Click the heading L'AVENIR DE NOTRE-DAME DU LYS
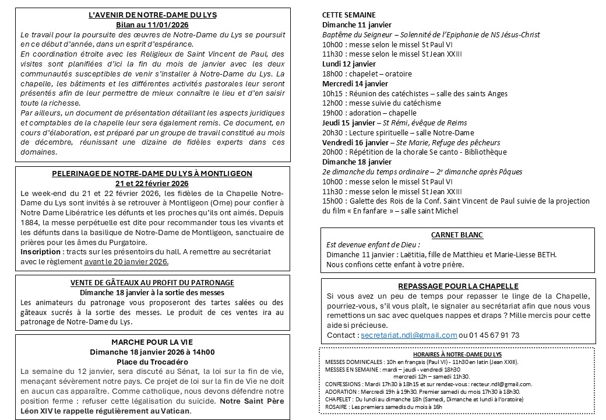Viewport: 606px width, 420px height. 153,15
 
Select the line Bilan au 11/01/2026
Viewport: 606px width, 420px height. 153,24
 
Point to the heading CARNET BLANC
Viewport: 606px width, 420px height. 457,235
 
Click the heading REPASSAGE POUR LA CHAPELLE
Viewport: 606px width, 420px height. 457,286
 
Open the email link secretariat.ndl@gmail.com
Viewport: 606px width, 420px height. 408,335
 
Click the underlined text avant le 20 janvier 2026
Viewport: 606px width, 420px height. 126,262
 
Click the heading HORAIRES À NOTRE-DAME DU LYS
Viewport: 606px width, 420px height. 457,354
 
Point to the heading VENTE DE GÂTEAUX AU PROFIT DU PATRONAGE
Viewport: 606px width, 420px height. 153,282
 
